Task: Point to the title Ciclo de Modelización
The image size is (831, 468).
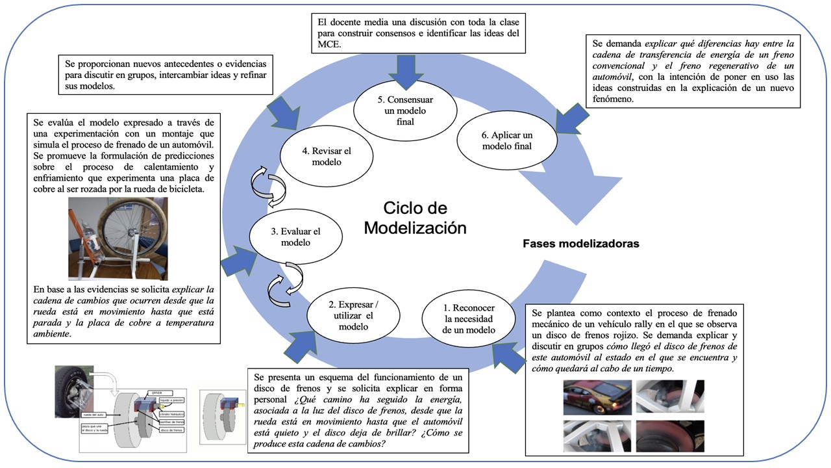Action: (415, 218)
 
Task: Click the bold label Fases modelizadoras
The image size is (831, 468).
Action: (580, 244)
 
